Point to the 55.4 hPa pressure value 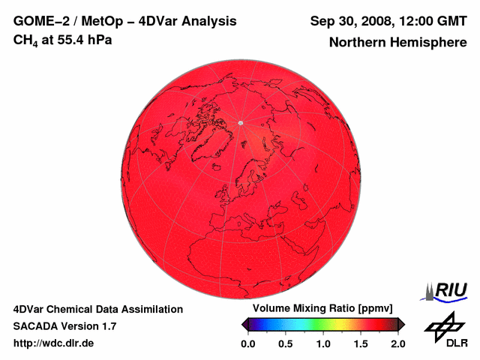(x=83, y=40)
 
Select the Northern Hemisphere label (x=398, y=43)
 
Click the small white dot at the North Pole (x=240, y=122)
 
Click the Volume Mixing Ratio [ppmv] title (x=322, y=309)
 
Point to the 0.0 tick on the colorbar (x=247, y=343)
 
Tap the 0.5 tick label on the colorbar (x=285, y=343)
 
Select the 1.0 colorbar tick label (x=323, y=343)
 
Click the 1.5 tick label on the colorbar (x=361, y=343)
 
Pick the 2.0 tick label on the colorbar (x=397, y=343)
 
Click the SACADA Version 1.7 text (x=64, y=326)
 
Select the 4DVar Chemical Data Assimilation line (x=98, y=309)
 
